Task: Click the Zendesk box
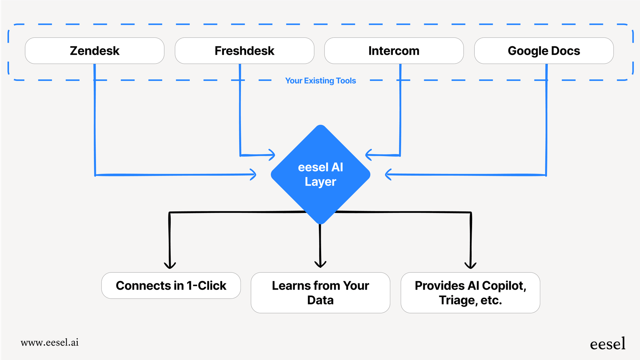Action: (94, 51)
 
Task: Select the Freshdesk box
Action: (244, 51)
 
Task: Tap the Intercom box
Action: (394, 51)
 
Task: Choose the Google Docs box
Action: (544, 51)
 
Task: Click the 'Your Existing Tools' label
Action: (320, 81)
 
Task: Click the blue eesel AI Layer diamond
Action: (320, 174)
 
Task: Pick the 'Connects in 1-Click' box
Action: (171, 286)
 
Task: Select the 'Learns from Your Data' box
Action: (320, 293)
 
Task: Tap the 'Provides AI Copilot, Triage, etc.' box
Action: (470, 293)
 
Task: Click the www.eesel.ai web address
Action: (50, 342)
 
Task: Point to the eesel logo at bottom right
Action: (607, 344)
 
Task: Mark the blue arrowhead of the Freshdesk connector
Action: (272, 155)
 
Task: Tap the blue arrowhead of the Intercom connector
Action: (368, 155)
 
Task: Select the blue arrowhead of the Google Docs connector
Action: (388, 174)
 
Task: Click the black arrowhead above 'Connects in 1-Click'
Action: (170, 266)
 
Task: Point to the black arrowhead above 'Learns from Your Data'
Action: (320, 264)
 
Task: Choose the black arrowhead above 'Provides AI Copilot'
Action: (470, 266)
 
